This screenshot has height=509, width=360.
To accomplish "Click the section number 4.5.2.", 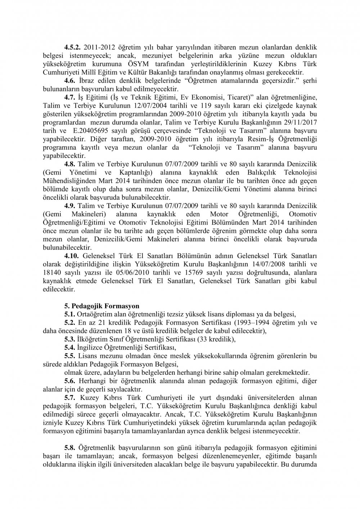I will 73,47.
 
